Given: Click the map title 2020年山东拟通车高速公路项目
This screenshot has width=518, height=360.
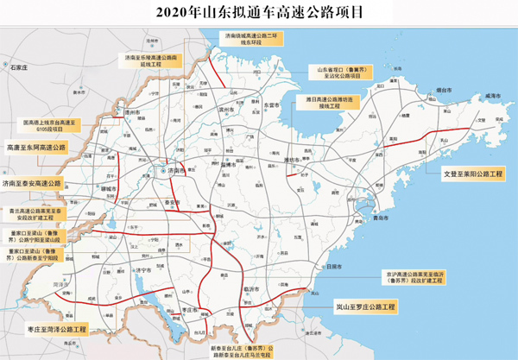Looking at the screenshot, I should [259, 12].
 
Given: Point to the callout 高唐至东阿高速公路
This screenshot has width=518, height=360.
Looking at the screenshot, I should [36, 148].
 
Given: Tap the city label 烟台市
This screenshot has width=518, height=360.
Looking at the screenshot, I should [445, 89].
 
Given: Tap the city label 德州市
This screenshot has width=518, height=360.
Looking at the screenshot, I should [131, 113].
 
